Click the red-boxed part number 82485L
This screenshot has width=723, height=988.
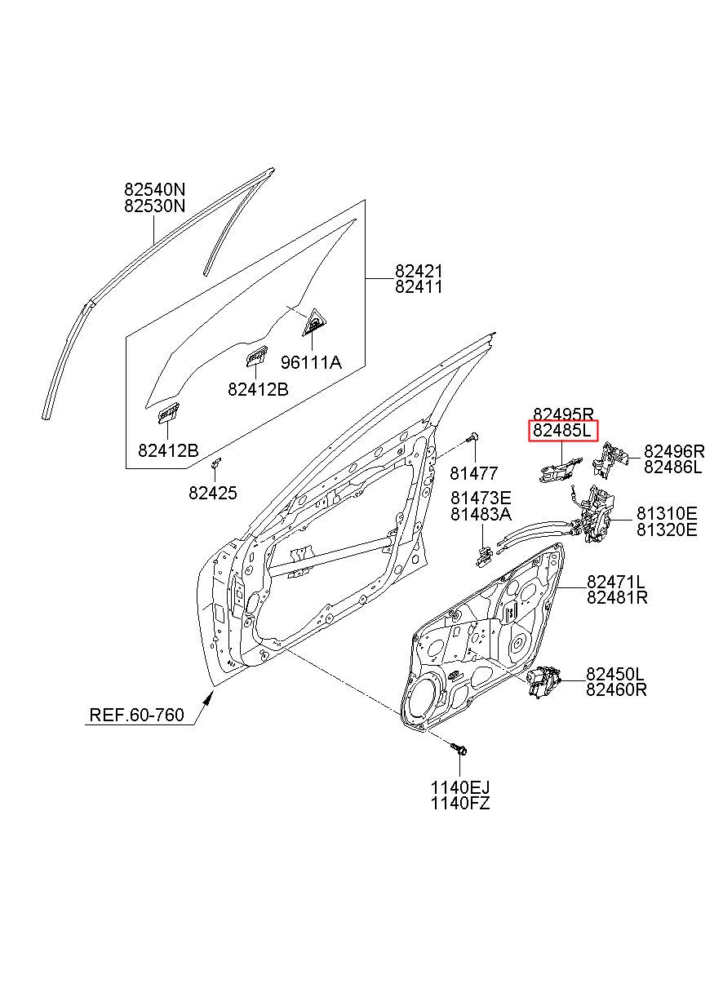coord(563,431)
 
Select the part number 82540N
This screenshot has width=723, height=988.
coord(155,190)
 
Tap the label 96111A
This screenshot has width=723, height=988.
coord(311,362)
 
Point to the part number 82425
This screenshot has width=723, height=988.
coord(213,493)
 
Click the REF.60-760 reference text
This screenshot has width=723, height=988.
coord(136,716)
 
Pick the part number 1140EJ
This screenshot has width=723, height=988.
coord(460,787)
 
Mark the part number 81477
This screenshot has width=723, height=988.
coord(473,473)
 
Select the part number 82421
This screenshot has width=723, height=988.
coord(419,271)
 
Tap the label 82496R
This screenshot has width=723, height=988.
coord(673,451)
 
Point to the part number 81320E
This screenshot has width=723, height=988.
coord(667,529)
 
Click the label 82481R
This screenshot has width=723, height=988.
coord(617,597)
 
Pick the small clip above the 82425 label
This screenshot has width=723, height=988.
coord(217,464)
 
